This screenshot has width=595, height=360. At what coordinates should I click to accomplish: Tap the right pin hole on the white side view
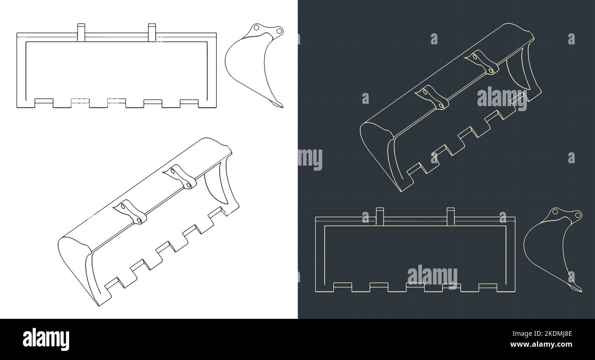pyautogui.click(x=278, y=31)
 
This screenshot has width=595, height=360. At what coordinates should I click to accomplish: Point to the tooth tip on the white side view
pyautogui.click(x=280, y=106)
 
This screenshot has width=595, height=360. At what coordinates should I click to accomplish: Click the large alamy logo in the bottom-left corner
pyautogui.click(x=46, y=339)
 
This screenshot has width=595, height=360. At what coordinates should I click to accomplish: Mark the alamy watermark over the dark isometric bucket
pyautogui.click(x=502, y=98)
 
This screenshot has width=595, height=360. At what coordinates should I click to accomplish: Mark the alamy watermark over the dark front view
pyautogui.click(x=432, y=276)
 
